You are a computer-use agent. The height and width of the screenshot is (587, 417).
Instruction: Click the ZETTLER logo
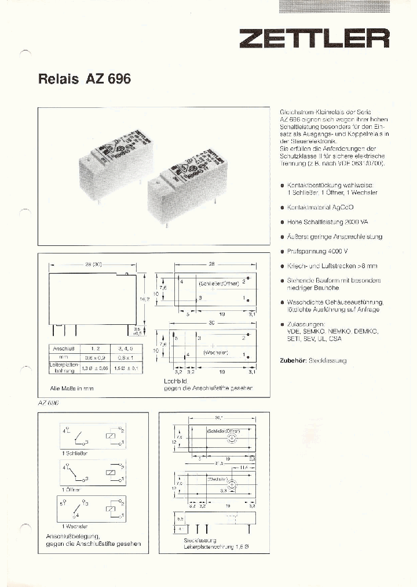point(314,39)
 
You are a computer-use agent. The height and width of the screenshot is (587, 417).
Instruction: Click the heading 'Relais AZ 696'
point(85,79)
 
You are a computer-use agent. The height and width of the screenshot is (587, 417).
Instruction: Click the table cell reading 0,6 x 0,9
point(92,358)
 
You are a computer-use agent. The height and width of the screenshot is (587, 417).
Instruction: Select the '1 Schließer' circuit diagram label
point(74,453)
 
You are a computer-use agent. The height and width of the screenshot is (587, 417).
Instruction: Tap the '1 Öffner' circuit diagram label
point(71,490)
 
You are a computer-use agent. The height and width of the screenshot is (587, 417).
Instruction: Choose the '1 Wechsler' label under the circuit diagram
point(73,526)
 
